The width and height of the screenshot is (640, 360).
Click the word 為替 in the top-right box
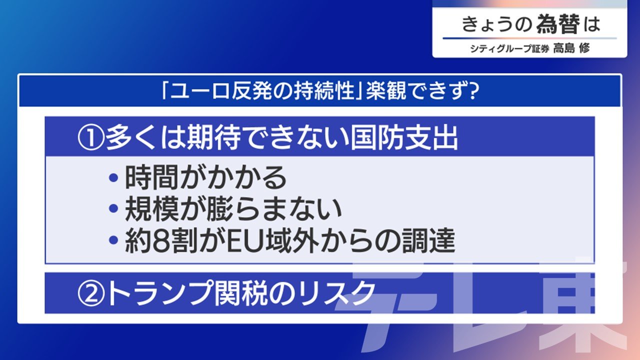[558, 24]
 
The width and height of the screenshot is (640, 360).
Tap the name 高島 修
[571, 48]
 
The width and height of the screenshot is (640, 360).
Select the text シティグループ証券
[509, 48]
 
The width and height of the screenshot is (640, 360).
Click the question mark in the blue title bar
[472, 91]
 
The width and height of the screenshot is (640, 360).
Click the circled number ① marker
[90, 139]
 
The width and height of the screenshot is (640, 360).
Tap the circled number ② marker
[90, 293]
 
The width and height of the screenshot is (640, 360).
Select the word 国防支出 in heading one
[404, 138]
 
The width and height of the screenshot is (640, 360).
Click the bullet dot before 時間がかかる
[113, 178]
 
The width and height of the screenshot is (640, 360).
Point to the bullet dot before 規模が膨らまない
[113, 208]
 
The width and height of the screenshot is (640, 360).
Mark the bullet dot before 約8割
[113, 239]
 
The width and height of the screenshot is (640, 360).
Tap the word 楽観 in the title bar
[386, 91]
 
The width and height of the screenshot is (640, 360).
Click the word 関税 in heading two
[240, 293]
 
